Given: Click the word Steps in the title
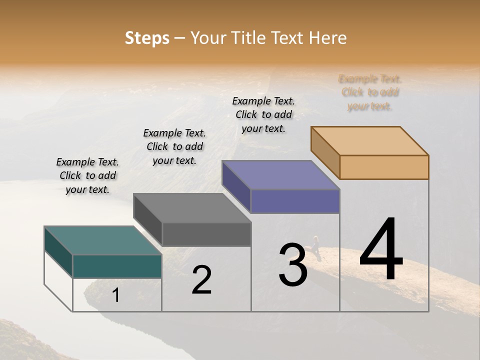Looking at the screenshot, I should pos(147,38).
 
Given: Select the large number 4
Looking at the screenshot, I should pos(381,250).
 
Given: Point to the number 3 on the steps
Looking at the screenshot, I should pos(292,265).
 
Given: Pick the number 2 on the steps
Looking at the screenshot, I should pos(201,280).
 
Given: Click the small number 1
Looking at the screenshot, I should pos(116,295).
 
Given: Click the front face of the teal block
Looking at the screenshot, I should pos(117,266).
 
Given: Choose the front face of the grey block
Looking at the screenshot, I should pos(206,234).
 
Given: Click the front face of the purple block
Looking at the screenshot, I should pos(295,201).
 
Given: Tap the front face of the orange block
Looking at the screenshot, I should pos(384,167).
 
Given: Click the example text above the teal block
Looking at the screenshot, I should pos(87,175).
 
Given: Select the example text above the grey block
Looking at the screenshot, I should pos(174,146).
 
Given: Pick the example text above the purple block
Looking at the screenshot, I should pos(263,114).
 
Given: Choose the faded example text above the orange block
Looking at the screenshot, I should pos(370,92).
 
